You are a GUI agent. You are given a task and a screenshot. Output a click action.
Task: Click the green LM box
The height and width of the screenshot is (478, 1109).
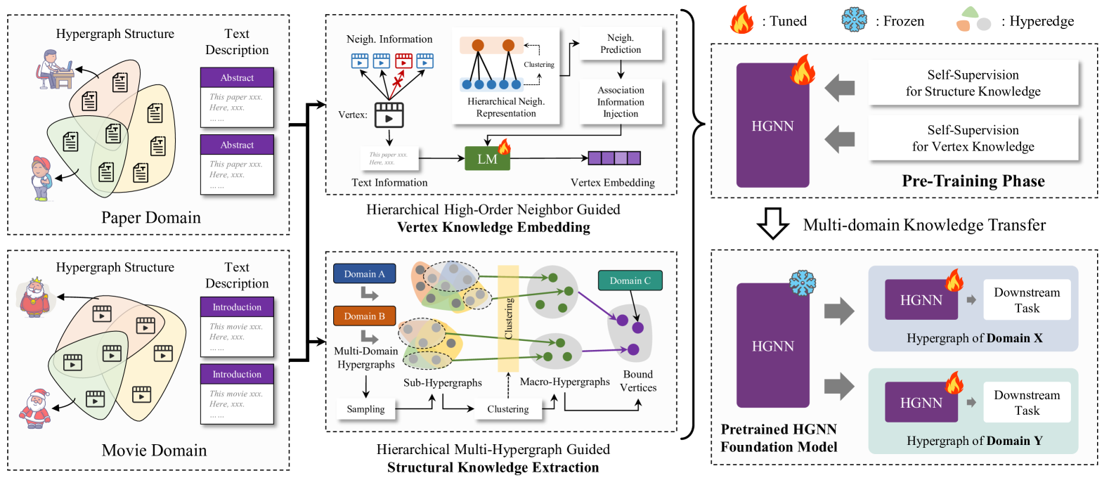point(487,159)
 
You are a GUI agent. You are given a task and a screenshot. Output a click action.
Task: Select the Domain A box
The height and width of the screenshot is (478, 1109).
point(364,274)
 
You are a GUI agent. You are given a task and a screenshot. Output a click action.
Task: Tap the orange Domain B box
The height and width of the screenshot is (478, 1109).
point(364,316)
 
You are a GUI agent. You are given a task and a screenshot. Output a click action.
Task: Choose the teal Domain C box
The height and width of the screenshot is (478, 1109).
point(630,280)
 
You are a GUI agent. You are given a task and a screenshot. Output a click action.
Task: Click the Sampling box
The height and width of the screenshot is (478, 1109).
point(365,409)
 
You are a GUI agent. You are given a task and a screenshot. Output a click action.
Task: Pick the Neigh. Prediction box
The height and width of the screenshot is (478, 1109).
point(621,44)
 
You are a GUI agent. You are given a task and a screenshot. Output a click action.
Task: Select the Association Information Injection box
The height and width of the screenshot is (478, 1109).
point(621,102)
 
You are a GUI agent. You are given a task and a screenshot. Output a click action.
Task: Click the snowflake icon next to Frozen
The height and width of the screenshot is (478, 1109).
point(855,20)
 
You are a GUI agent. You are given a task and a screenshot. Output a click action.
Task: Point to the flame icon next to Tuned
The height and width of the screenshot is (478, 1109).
point(741,20)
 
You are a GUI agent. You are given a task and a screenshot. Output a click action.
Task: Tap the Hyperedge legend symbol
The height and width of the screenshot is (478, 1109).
point(973,20)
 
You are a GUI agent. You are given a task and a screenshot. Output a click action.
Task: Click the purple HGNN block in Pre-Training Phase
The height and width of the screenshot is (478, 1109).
point(772,126)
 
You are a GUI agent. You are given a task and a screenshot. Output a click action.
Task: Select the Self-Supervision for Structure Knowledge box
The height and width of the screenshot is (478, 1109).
point(973,83)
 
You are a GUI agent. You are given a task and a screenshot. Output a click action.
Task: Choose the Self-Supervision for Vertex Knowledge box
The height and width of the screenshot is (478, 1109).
point(973,138)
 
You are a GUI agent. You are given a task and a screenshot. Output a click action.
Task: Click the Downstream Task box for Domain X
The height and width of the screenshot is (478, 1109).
point(1027,300)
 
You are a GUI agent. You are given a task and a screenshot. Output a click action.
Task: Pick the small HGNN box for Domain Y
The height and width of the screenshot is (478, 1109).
point(921,403)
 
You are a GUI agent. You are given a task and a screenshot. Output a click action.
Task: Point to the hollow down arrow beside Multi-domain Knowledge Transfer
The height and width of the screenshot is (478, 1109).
point(773,224)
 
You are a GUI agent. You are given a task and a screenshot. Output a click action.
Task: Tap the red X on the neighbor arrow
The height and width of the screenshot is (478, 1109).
point(397,82)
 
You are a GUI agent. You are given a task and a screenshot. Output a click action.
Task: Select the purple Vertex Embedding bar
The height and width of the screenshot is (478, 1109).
point(614,158)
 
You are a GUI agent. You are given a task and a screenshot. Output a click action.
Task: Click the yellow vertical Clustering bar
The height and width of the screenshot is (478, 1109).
point(508,318)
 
